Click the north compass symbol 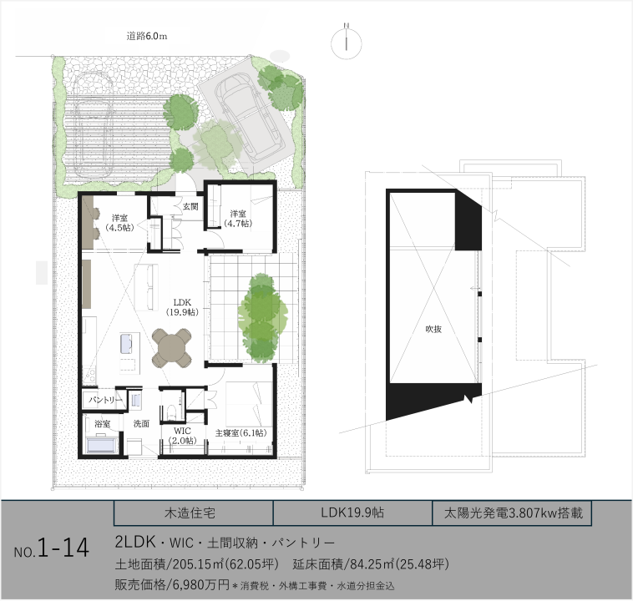pos(347,43)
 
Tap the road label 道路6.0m pos(146,37)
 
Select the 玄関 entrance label pos(190,207)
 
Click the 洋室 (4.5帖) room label pos(120,223)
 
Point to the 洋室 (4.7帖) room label pos(238,219)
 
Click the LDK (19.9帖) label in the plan pos(182,307)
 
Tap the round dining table pos(171,347)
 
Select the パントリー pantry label pos(105,400)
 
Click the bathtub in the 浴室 pos(101,446)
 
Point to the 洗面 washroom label pos(141,423)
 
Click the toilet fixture pos(171,412)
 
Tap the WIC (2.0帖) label pos(183,436)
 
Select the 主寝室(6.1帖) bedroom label pos(241,433)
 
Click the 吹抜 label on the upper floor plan pos(433,329)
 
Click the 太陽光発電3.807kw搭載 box pos(512,513)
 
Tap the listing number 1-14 pos(63,548)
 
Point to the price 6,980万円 pos(201,584)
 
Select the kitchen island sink pos(126,343)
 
